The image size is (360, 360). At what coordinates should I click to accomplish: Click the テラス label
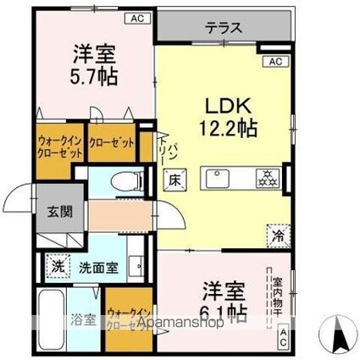(224, 27)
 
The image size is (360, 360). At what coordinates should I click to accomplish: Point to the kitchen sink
(216, 180)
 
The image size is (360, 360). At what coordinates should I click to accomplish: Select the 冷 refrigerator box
(276, 234)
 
